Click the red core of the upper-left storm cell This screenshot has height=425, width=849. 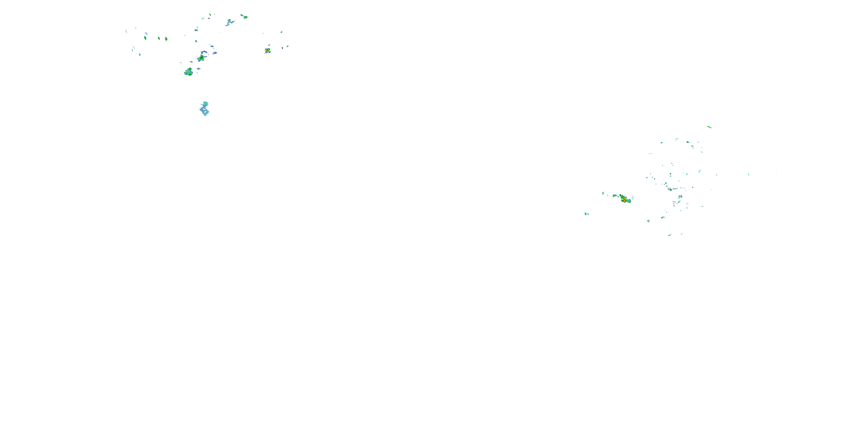tap(267, 50)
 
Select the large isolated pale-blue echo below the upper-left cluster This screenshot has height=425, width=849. tap(205, 109)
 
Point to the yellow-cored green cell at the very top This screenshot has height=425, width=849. tap(244, 16)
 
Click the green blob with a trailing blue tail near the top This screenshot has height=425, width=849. tap(229, 22)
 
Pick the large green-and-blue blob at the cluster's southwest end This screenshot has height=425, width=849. tap(188, 72)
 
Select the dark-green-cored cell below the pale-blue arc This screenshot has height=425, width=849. tap(201, 58)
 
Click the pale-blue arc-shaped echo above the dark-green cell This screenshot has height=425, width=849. tap(204, 52)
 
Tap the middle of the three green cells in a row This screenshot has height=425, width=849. tap(159, 38)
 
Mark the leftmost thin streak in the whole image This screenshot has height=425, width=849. tap(126, 31)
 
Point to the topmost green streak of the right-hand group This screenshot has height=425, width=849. tap(709, 127)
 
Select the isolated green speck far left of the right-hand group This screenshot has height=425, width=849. tap(586, 214)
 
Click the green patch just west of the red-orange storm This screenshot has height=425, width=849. tap(615, 196)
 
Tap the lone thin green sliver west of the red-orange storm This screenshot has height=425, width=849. tap(603, 193)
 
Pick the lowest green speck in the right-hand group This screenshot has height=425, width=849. tap(670, 235)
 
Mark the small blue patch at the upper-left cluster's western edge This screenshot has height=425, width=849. tap(140, 54)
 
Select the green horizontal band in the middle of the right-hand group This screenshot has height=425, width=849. tap(672, 189)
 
